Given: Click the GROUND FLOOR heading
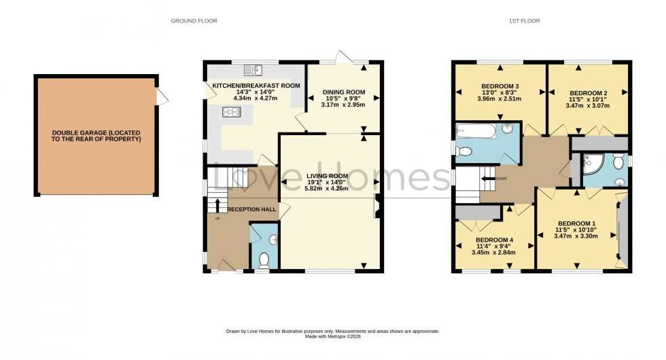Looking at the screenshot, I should point(194,21).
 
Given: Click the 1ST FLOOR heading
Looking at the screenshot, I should point(525,21).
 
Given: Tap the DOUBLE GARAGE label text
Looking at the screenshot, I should point(96,136).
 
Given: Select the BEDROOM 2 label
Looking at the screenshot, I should point(588,92).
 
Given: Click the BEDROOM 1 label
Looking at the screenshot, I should point(576,223).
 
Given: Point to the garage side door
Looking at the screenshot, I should point(162,97).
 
